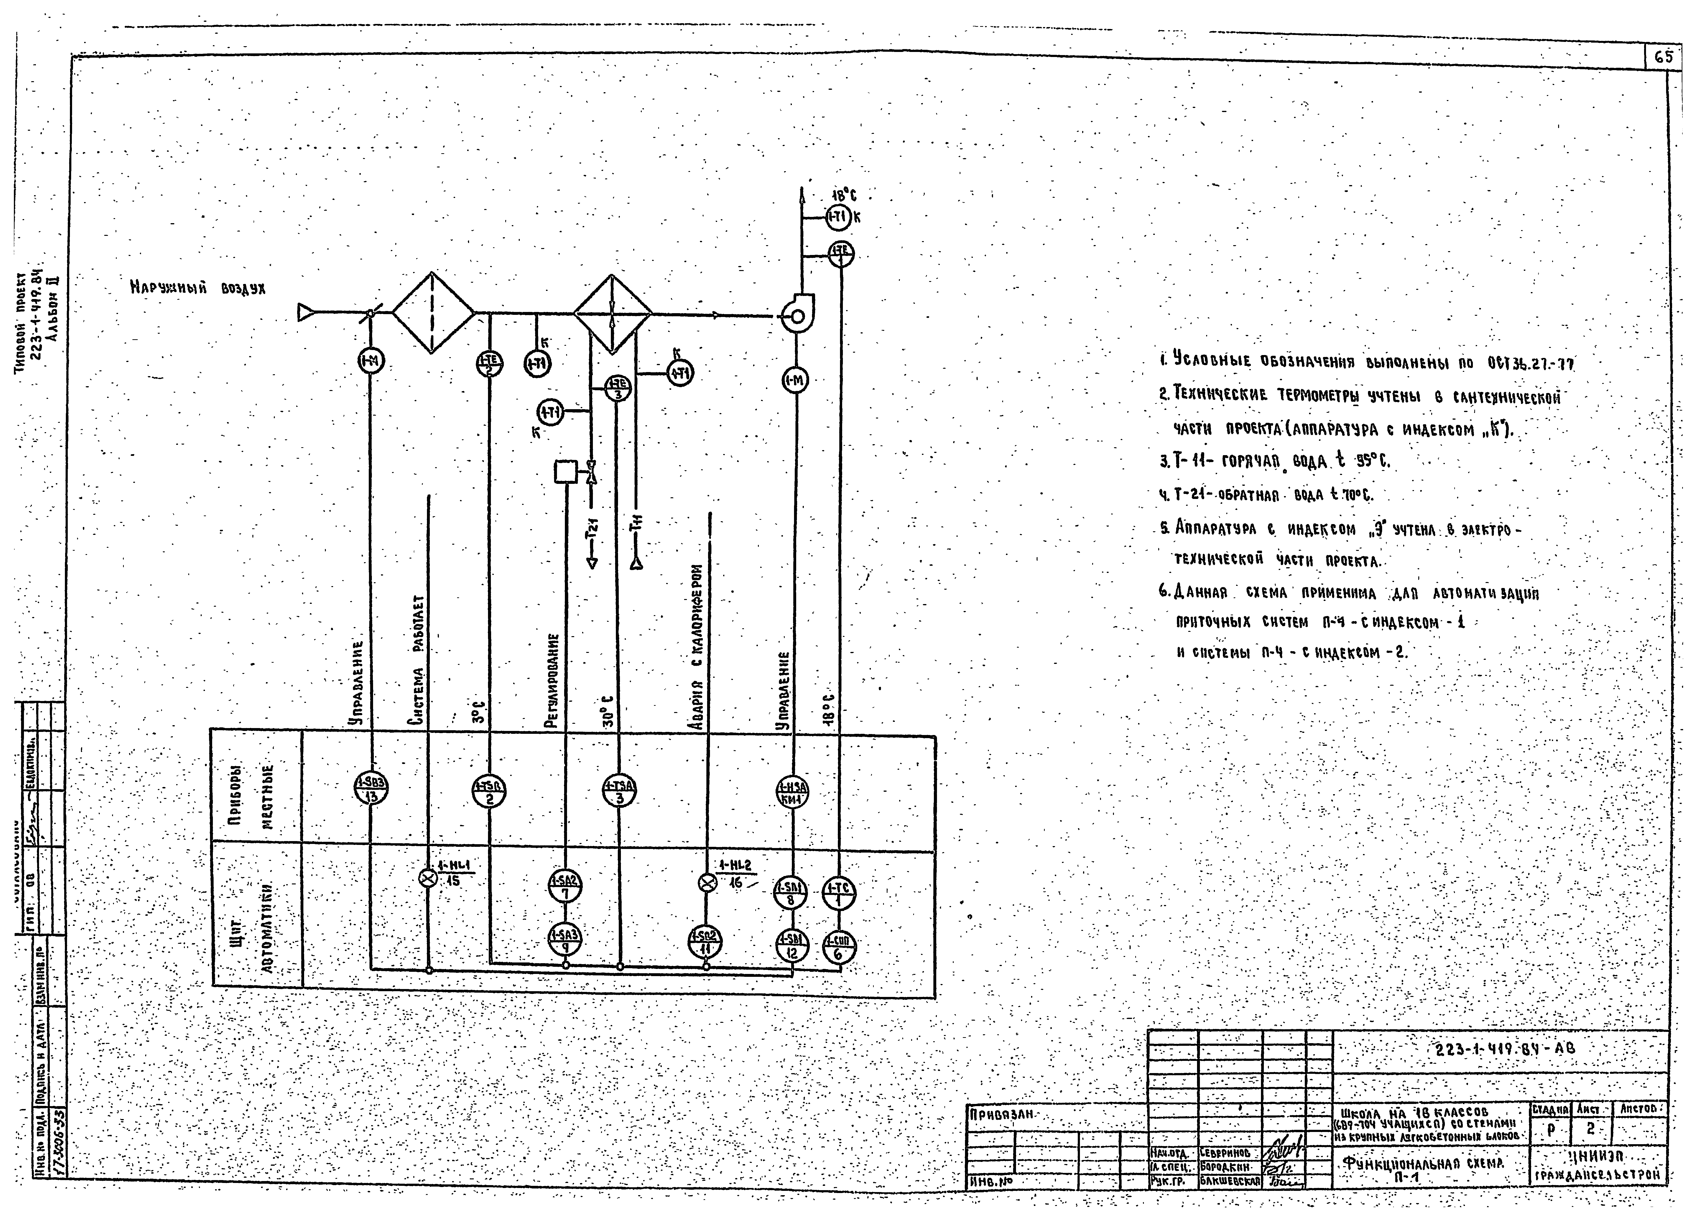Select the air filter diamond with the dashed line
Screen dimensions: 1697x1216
pyautogui.click(x=433, y=313)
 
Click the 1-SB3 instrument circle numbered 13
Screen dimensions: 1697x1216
pyautogui.click(x=371, y=789)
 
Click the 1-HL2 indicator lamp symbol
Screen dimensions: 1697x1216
pyautogui.click(x=706, y=883)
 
